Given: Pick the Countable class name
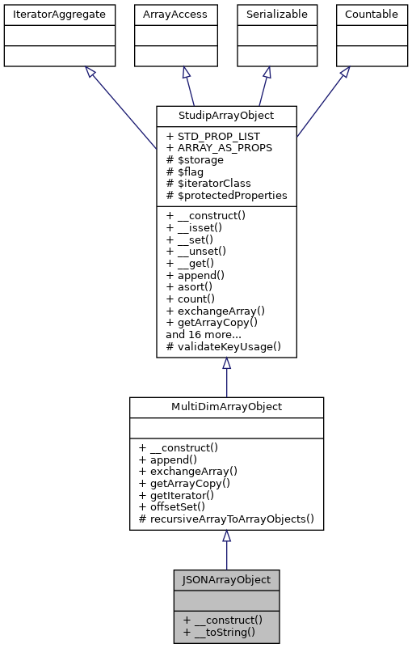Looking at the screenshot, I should click(372, 14).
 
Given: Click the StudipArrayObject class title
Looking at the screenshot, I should click(226, 114).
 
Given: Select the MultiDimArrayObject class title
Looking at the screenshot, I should click(226, 406).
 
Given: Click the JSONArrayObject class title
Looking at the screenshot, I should click(226, 579).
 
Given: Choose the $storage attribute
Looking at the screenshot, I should click(192, 160).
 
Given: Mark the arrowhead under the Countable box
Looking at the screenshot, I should click(344, 73).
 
